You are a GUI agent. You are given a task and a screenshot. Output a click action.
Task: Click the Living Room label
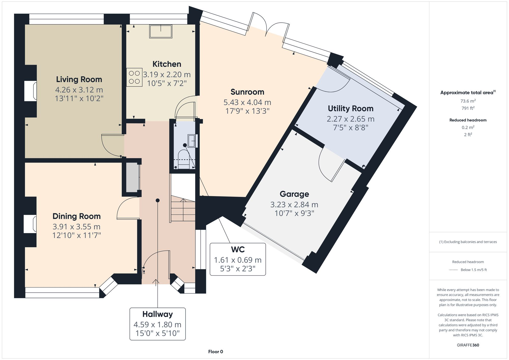[x=79, y=79]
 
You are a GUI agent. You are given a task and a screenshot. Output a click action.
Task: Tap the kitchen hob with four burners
[x=134, y=77]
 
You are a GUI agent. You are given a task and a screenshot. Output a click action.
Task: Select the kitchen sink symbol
[x=161, y=31]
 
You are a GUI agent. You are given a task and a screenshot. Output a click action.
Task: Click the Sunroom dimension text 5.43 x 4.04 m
[x=247, y=102]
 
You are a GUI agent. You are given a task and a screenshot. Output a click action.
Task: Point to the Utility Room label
[x=350, y=109]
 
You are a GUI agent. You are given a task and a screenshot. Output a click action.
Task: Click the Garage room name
[x=294, y=194]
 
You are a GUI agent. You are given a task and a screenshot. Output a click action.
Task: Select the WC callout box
[x=238, y=259]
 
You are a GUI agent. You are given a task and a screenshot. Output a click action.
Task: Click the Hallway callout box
[x=158, y=324]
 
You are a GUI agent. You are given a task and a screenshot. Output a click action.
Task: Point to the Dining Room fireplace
[x=30, y=224]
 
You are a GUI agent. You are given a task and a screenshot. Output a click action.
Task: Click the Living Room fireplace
[x=31, y=91]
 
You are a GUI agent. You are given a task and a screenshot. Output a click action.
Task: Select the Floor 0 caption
[x=216, y=352]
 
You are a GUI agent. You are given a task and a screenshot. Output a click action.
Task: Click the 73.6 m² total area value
[x=468, y=101]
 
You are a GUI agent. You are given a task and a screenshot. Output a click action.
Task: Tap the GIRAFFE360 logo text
[x=468, y=345]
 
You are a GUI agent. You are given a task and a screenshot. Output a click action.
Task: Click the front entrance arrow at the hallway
[x=156, y=282]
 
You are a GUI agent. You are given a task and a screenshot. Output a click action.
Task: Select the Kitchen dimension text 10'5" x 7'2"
[x=167, y=83]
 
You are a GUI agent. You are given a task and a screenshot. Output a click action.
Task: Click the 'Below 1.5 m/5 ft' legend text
[x=473, y=270]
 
